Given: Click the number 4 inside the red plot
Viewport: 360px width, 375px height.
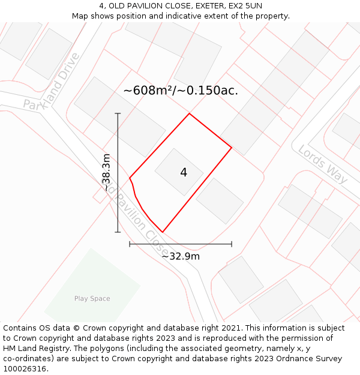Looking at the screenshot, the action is (x=184, y=173).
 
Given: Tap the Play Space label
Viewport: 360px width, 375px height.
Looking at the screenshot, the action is (x=92, y=298).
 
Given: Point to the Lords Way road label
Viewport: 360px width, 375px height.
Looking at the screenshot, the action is (x=323, y=164).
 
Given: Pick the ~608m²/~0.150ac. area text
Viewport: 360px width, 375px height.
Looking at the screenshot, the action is (x=181, y=91).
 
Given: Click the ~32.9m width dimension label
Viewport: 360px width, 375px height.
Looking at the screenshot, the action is (x=181, y=256).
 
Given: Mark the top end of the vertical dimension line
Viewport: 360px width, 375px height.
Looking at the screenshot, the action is (x=118, y=113).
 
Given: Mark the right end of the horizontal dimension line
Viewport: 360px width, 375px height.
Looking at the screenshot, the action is (x=232, y=244).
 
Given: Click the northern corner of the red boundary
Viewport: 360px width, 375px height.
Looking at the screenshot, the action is (x=190, y=113).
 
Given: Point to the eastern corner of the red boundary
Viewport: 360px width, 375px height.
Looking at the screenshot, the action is (x=232, y=147).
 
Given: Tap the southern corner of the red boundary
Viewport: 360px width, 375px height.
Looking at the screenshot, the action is (x=162, y=232).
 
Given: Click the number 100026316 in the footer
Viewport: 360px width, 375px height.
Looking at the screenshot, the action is (x=23, y=369).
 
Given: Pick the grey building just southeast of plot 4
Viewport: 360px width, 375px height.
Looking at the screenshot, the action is (x=220, y=200).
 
